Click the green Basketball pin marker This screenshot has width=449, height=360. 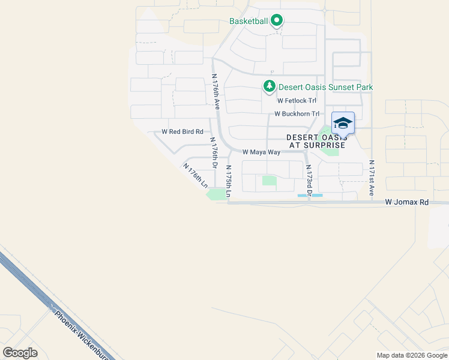click(x=277, y=21)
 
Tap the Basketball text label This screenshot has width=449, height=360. click(x=249, y=21)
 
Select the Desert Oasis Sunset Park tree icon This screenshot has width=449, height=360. click(x=270, y=87)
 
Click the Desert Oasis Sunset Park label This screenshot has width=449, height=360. click(x=325, y=88)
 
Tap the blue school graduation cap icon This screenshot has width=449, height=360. click(x=343, y=123)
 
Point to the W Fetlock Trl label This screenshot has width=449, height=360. click(x=297, y=101)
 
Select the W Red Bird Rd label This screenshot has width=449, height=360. click(x=182, y=131)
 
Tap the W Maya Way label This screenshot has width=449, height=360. click(x=261, y=152)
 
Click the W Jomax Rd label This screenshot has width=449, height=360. click(x=407, y=203)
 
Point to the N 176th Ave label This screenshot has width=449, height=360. click(x=216, y=91)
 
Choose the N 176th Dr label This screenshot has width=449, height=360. click(x=213, y=153)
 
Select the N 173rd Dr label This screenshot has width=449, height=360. click(x=309, y=178)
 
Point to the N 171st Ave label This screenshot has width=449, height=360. click(x=372, y=178)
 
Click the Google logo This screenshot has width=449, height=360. click(x=20, y=353)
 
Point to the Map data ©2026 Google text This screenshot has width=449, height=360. click(x=411, y=355)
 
